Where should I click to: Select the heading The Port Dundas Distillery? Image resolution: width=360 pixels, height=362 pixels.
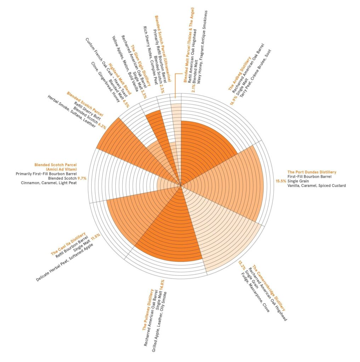312,172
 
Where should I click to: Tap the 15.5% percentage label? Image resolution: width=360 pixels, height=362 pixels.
281,181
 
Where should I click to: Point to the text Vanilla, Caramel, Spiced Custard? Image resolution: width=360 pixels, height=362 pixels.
316,186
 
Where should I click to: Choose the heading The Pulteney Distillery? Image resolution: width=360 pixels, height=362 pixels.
148,310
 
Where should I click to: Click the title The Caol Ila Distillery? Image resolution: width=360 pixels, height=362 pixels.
68,245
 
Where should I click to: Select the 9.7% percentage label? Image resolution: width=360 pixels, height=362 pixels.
82,179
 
